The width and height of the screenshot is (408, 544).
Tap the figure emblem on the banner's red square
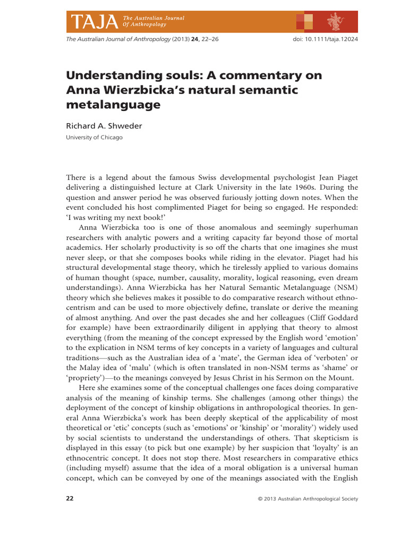pos(335,21)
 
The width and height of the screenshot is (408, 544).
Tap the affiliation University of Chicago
pos(94,138)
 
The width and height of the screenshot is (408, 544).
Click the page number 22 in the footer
pos(70,499)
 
